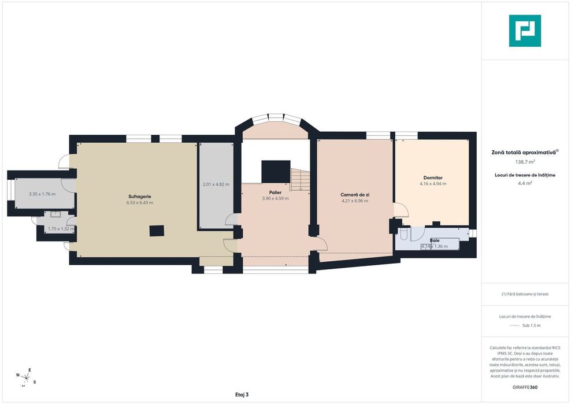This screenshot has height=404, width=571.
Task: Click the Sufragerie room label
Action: [x=139, y=197]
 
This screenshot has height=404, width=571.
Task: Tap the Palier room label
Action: [x=275, y=192]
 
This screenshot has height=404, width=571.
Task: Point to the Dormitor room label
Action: [x=433, y=178]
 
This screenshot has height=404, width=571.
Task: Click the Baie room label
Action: [x=435, y=240]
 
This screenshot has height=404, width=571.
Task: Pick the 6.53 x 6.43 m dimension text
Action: [x=140, y=202]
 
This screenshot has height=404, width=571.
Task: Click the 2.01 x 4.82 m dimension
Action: [x=216, y=184]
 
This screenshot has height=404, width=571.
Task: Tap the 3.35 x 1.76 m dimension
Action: [x=42, y=194]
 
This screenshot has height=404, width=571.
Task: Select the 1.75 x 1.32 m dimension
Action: [x=61, y=229]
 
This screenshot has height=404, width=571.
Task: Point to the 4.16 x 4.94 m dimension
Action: [x=433, y=184]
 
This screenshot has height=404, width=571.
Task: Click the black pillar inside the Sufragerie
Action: [x=157, y=231]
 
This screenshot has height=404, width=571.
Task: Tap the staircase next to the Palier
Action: [x=300, y=180]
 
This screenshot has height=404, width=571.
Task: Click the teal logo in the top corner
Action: [x=525, y=31]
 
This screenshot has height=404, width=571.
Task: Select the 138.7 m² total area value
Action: [x=524, y=161]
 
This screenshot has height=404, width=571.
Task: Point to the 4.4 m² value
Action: [x=525, y=183]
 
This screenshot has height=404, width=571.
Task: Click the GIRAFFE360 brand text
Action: [x=525, y=387]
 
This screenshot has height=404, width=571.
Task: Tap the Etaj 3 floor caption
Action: [x=242, y=394]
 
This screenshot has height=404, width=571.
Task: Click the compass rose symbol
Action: [x=26, y=377]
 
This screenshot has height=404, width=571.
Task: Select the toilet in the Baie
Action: [x=404, y=233]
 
